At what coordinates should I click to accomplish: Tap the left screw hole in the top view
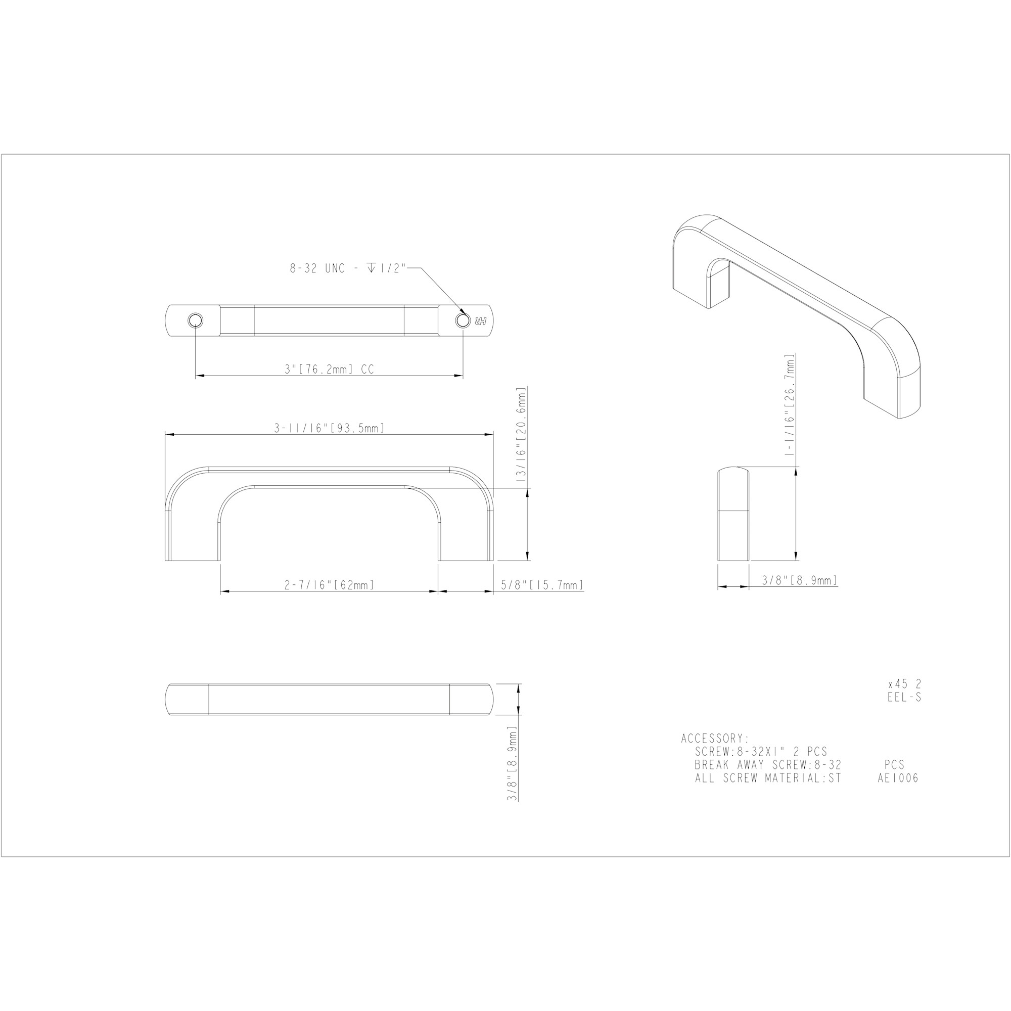195,320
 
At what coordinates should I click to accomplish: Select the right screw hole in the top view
463,320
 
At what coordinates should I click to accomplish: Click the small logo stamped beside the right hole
481,320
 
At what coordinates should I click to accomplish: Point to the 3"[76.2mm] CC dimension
329,370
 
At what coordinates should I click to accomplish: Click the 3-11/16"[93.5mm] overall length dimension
330,429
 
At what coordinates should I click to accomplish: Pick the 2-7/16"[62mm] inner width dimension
329,585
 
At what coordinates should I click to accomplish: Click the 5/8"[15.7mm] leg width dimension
541,585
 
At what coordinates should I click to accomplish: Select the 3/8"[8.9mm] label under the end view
800,580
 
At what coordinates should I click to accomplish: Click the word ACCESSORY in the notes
715,739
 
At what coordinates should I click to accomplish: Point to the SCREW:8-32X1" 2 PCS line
761,752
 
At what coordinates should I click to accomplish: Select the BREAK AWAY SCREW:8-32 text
768,765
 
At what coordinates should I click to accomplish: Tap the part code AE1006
898,778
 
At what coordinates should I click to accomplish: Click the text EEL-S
904,698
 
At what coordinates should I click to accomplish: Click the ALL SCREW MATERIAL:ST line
768,778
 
